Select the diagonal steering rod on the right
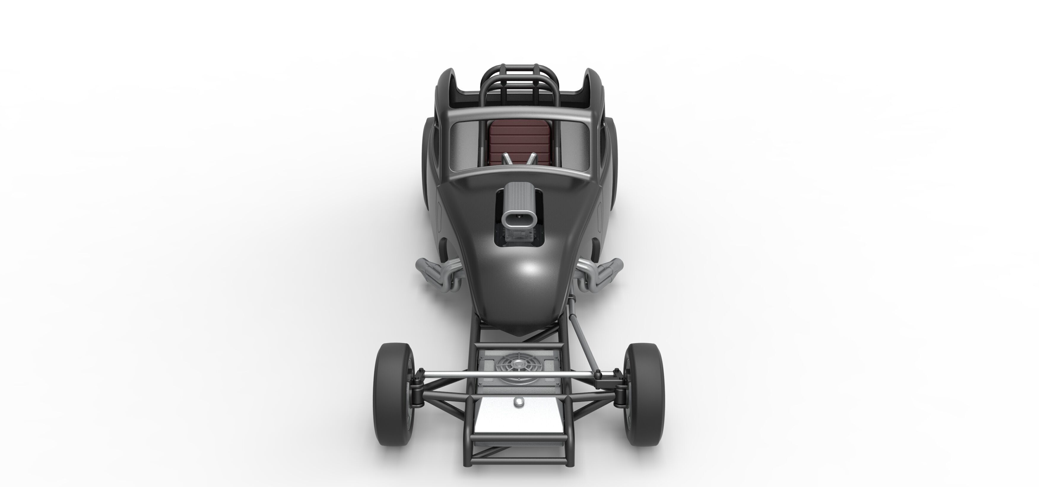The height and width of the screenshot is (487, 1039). (x=581, y=343)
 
